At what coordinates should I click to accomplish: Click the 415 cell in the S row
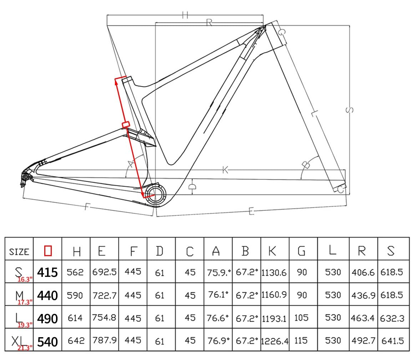[47, 272]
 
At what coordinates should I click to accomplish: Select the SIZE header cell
[19, 252]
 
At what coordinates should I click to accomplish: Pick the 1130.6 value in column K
[274, 273]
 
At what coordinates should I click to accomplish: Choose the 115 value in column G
[301, 340]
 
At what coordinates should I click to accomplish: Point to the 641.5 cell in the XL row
[392, 341]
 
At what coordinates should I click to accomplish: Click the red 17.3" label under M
[25, 302]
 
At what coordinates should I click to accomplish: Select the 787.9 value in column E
[105, 340]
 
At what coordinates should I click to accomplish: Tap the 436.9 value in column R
[363, 295]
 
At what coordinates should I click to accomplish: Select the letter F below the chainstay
[86, 207]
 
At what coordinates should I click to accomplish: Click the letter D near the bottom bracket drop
[192, 186]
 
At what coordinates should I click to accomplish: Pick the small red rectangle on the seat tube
[125, 125]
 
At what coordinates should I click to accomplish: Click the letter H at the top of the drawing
[185, 15]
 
